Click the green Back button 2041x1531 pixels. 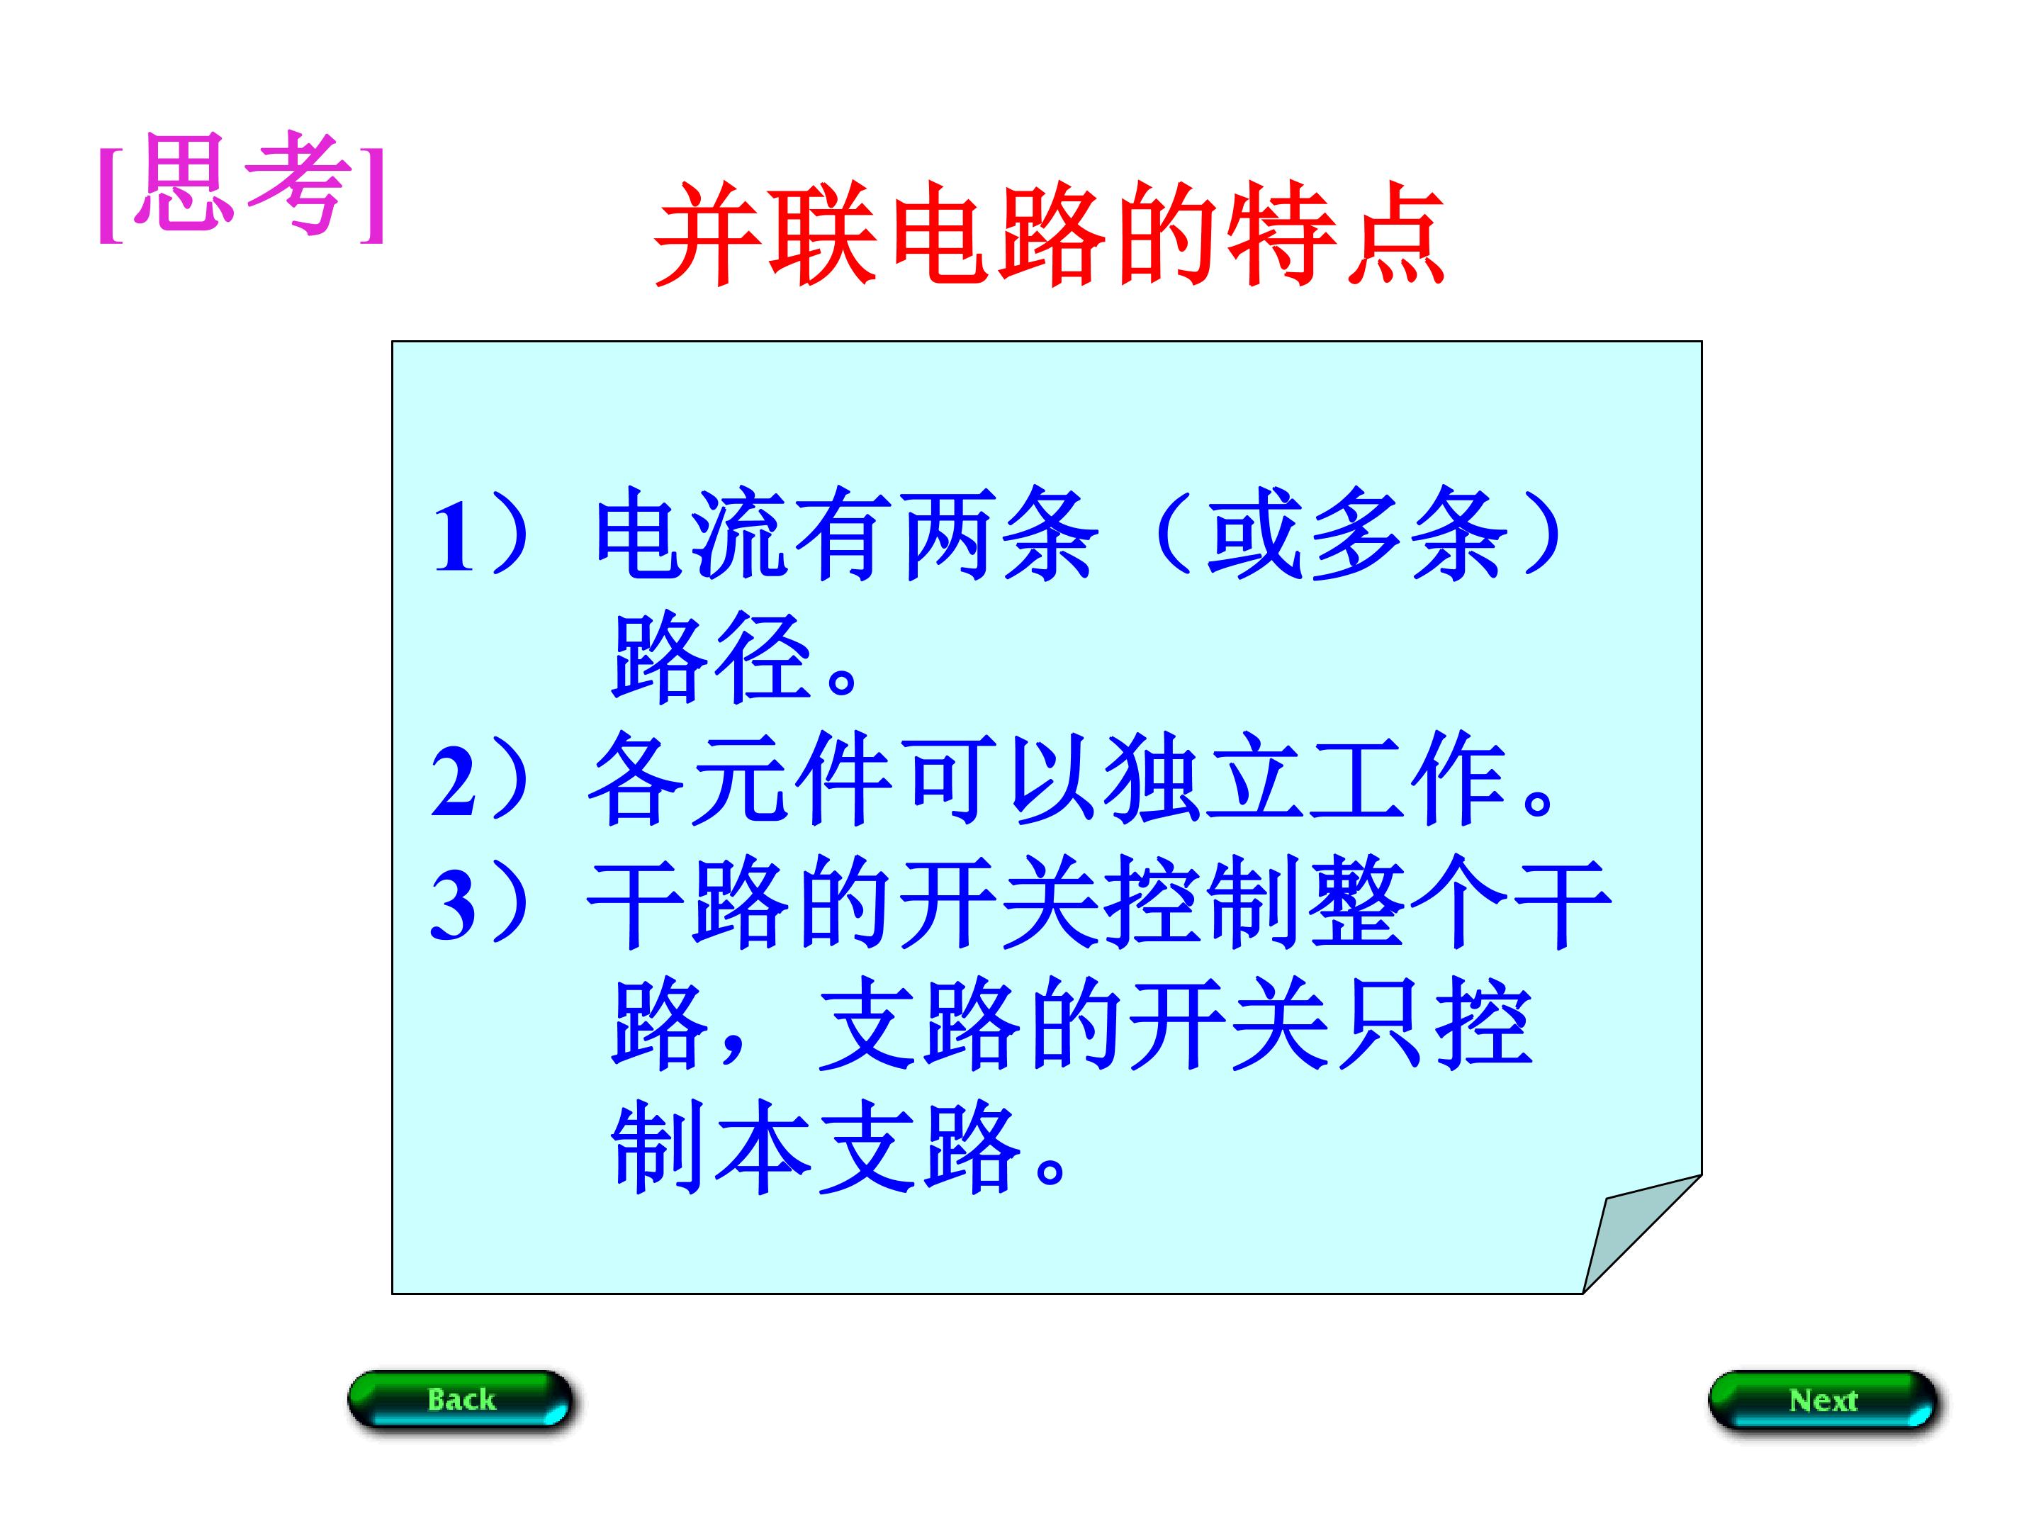(461, 1399)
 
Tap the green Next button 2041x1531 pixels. (1822, 1400)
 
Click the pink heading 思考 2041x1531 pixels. (242, 184)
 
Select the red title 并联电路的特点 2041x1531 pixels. (1049, 232)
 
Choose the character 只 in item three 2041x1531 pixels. (1381, 1026)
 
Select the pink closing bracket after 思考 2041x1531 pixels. (372, 189)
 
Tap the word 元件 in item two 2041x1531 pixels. (791, 782)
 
